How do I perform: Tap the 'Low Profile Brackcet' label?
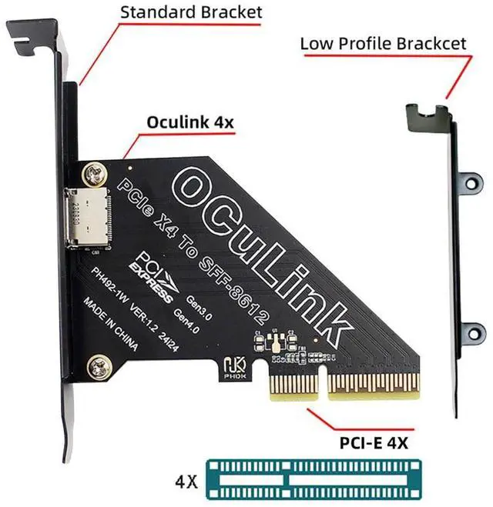coord(383,43)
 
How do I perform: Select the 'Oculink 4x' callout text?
coord(191,122)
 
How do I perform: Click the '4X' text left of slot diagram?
coord(185,483)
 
